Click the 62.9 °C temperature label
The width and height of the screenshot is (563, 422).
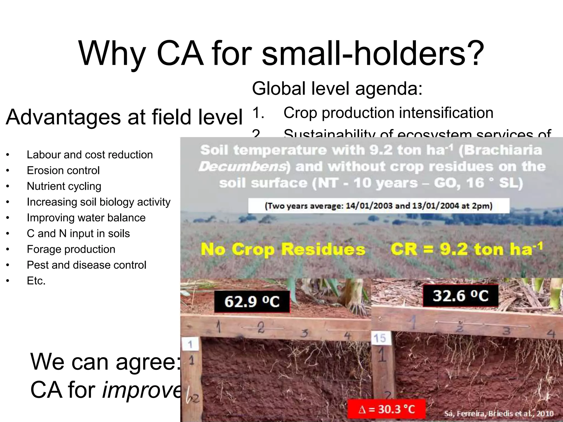coord(252,301)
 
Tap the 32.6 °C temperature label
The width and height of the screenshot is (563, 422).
coord(460,296)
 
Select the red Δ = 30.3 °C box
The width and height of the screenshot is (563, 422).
coord(387,409)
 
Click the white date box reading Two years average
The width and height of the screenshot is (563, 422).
coord(379,206)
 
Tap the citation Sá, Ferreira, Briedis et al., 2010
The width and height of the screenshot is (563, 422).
coord(499,414)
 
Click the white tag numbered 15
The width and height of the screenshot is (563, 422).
coord(380,338)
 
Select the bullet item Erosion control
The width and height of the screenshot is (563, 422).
coord(63,171)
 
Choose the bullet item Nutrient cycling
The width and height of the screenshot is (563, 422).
coord(64,186)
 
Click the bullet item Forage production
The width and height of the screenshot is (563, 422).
coord(71,249)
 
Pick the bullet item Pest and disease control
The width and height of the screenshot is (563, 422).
coord(86,265)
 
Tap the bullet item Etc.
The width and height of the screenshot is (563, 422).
coord(36,281)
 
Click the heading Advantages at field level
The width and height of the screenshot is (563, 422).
coord(124,117)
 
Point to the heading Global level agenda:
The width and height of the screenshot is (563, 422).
coord(337,88)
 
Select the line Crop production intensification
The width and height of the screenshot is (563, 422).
coord(388,113)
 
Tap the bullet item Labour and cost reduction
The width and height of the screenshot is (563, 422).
coord(90,155)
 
